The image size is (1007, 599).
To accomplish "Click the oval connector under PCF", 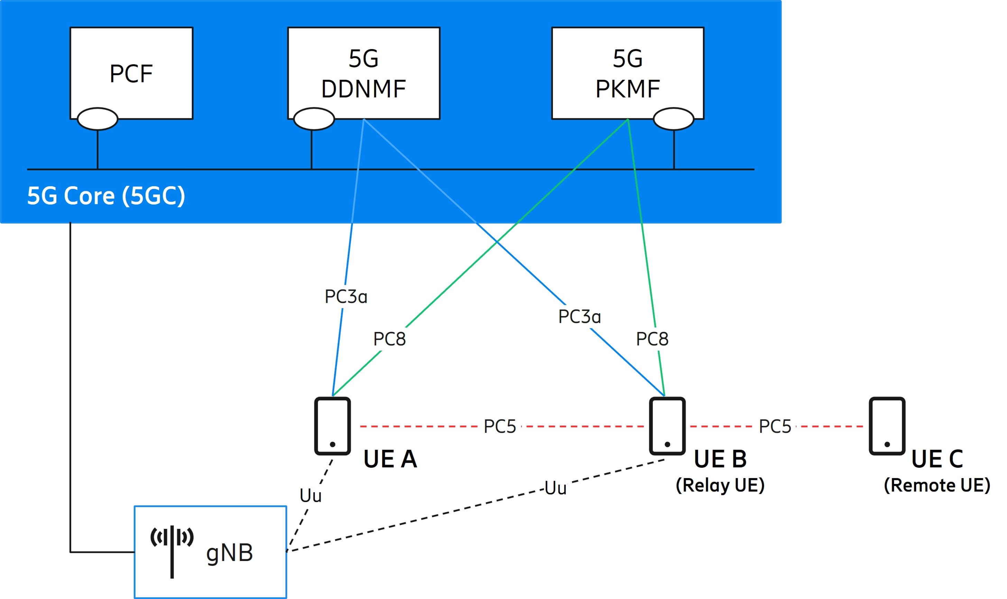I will [x=97, y=119].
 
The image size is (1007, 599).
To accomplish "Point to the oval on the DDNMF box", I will [x=314, y=119].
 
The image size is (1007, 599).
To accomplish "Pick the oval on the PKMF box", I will [x=673, y=119].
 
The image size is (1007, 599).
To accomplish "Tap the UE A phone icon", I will [x=332, y=426].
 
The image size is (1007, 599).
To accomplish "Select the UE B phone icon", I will [x=667, y=426].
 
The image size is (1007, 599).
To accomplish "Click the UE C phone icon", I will [x=887, y=426].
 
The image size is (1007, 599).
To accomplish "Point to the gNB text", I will [x=229, y=553].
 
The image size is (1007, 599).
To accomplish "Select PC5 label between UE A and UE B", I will [x=499, y=426].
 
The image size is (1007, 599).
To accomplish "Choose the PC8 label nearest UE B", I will [x=652, y=339].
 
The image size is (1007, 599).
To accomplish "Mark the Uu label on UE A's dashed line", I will [x=310, y=496].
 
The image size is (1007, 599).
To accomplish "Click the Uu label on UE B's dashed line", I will [x=555, y=488].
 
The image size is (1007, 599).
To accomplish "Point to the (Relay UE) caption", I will [x=720, y=485].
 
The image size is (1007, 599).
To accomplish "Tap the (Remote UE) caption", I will [x=937, y=485].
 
